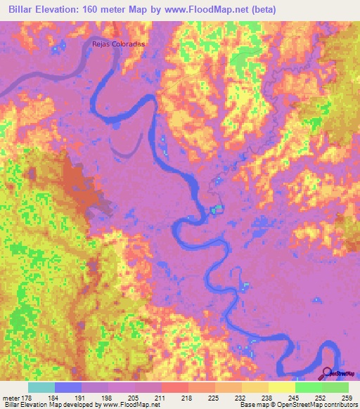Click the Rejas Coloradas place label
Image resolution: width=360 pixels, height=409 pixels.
118,43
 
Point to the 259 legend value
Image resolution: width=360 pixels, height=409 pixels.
347,398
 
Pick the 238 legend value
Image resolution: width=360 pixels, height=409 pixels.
265,398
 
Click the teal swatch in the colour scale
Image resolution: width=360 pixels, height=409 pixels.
41,387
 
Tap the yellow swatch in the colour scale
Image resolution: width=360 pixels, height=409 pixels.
281,387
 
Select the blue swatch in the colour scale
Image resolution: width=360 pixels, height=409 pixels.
68,387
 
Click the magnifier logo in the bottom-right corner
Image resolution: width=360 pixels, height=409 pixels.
328,372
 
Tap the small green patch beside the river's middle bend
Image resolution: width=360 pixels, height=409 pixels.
217,209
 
